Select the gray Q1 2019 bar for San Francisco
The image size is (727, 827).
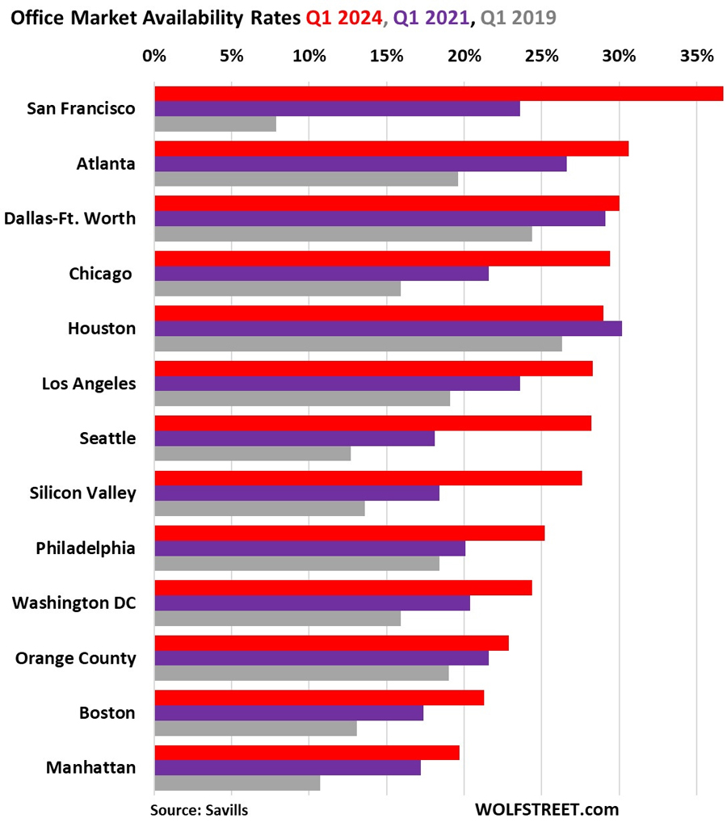(215, 124)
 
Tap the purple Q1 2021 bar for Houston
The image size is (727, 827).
(388, 329)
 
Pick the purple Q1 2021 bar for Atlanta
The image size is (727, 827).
(360, 164)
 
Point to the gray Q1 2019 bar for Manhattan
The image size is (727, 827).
(237, 783)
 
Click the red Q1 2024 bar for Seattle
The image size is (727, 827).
(372, 423)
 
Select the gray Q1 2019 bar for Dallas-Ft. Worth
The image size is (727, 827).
(342, 234)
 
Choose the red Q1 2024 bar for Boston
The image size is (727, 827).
(319, 698)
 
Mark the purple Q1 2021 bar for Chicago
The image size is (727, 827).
(321, 274)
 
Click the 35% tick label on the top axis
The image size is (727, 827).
(696, 57)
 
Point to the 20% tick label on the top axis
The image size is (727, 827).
(464, 57)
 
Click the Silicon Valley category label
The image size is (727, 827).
(82, 493)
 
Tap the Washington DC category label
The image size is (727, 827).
(74, 603)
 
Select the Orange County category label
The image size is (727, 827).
(75, 658)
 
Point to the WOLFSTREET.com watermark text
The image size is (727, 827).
(547, 809)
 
